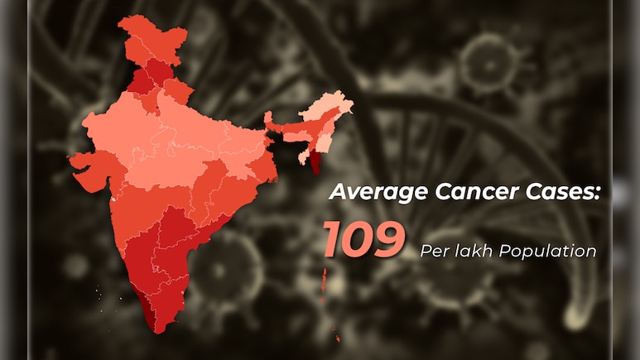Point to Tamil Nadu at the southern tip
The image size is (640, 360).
point(170,294)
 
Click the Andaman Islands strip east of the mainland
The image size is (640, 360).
point(324,286)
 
